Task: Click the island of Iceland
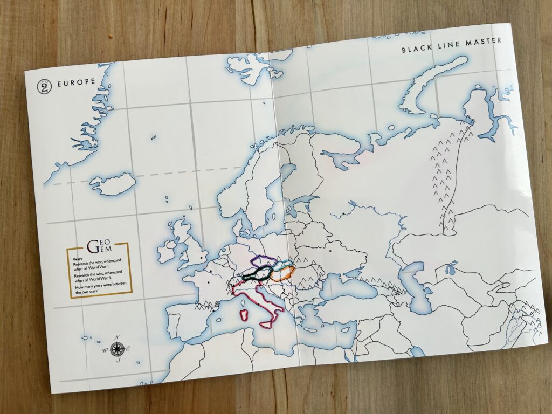113,184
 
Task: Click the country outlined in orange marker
282,274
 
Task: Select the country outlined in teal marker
284,264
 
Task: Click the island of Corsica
247,300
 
